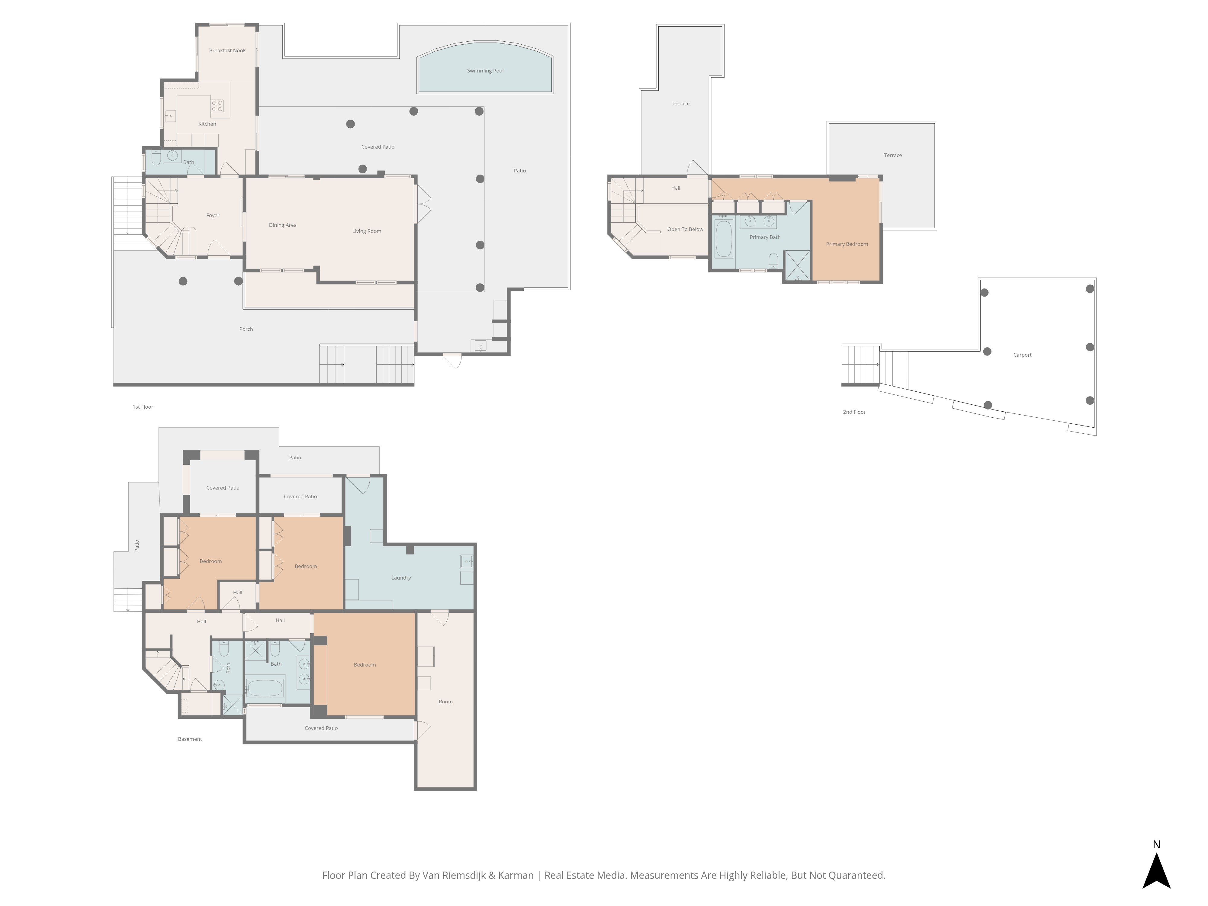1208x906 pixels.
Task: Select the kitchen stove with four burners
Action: coord(217,106)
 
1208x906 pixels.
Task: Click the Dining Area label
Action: coord(283,225)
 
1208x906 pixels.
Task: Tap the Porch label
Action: coord(246,329)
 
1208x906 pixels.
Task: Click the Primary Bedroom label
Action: coord(847,244)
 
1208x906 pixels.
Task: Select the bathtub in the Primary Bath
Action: coord(724,239)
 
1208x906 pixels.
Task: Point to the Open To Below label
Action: coord(685,229)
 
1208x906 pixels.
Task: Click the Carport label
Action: coord(1022,355)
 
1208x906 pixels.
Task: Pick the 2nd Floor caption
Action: coord(854,412)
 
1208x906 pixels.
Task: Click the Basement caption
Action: coord(190,739)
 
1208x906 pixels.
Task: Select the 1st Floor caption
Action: coord(143,407)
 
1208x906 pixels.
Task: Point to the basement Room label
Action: coord(446,702)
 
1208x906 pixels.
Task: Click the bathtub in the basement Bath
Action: coord(265,688)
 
